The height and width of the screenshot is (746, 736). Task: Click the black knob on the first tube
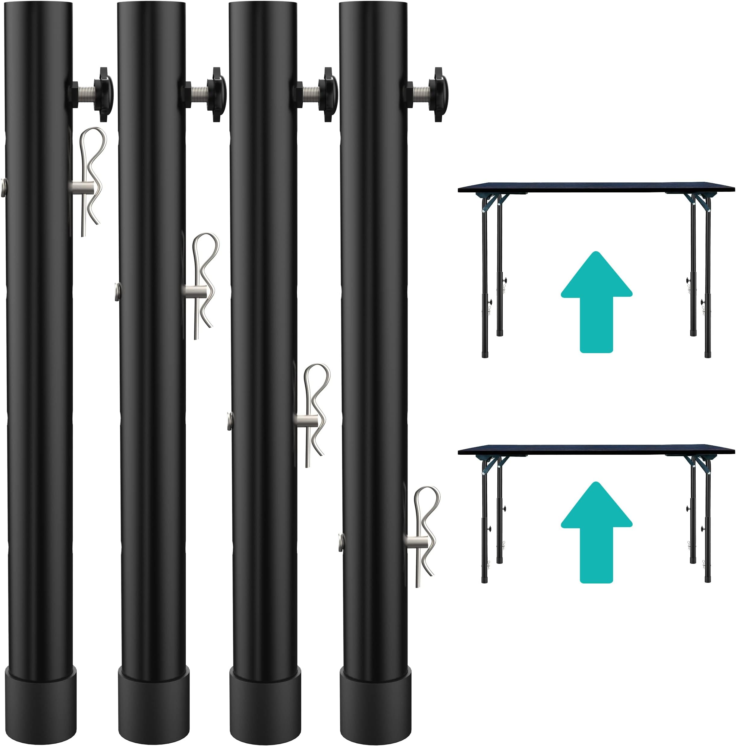tap(103, 94)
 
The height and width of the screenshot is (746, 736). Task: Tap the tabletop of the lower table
tap(596, 450)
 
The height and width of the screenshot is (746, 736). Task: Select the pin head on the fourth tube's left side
tap(341, 542)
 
